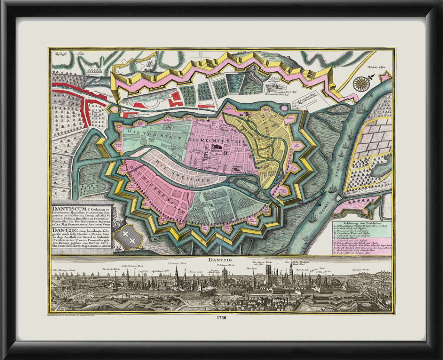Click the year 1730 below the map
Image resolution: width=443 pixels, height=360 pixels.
[221, 318]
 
